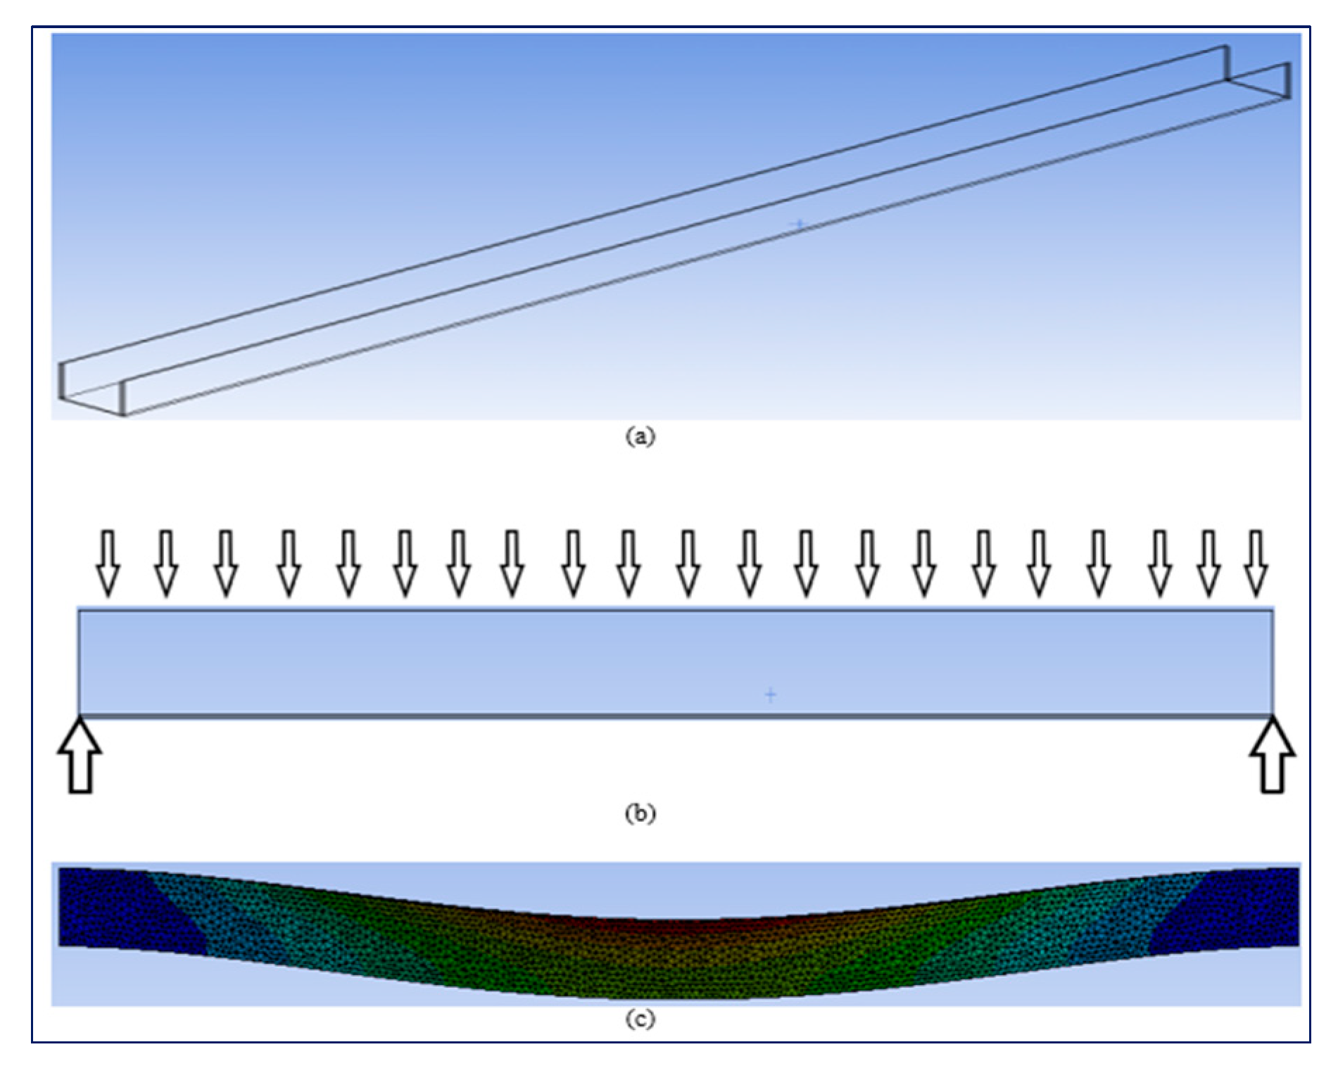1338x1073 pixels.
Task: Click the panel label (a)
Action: pos(640,436)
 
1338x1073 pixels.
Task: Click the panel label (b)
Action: pos(640,813)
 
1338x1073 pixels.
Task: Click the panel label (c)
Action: pos(640,1018)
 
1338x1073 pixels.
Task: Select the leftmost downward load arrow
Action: pos(108,564)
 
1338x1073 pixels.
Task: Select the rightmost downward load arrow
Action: pos(1256,564)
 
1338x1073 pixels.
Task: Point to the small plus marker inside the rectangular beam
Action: pos(771,695)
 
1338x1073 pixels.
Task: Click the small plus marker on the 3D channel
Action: pos(799,224)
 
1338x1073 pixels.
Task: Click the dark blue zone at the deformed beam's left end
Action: pos(120,908)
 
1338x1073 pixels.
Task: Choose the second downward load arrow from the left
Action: pos(166,564)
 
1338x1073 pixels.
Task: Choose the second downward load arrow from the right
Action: pos(1208,564)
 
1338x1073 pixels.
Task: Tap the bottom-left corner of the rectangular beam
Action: pos(79,715)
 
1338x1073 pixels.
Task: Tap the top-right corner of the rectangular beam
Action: pos(1272,611)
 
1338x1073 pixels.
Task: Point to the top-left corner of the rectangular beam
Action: pos(79,611)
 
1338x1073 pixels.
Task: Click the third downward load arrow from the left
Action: pos(225,564)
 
